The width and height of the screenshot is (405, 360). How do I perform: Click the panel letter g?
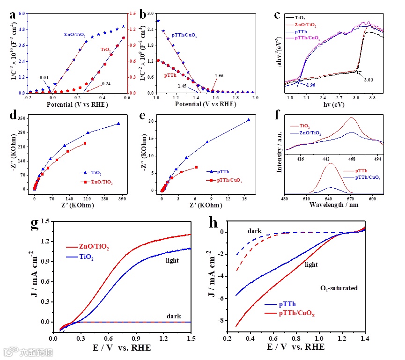click(35, 224)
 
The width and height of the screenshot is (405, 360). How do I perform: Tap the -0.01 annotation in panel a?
click(44, 77)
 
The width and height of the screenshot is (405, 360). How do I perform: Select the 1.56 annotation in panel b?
click(219, 75)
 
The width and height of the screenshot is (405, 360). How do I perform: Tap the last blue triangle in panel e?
click(249, 120)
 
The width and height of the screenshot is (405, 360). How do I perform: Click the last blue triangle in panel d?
click(118, 124)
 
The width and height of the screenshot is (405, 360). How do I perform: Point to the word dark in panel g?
click(174, 316)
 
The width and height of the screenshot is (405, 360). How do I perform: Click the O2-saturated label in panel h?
click(339, 288)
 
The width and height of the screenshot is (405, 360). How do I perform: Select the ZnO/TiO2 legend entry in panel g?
click(95, 247)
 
